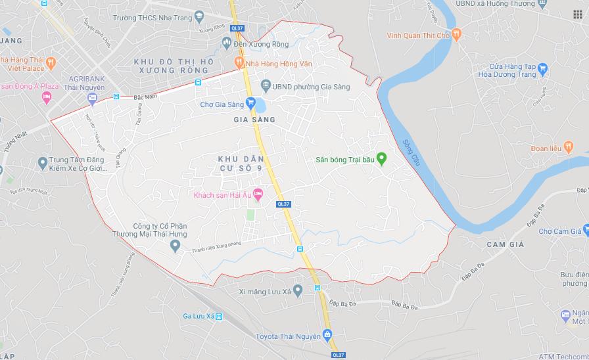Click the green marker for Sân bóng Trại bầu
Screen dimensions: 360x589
click(x=381, y=159)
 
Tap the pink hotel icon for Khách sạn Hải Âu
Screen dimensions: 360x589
click(x=258, y=194)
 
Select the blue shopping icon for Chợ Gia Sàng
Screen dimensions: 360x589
click(x=250, y=103)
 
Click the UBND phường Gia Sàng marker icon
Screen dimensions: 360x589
click(x=266, y=85)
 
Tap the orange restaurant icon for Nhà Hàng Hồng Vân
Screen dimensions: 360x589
click(x=239, y=63)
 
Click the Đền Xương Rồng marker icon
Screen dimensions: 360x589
click(x=227, y=43)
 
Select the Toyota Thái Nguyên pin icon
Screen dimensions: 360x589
click(x=327, y=336)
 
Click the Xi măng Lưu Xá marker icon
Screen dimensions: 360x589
click(x=298, y=290)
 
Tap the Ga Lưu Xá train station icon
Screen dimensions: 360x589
click(x=219, y=317)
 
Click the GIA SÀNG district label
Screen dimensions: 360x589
click(x=254, y=120)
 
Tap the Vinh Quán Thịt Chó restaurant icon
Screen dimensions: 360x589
click(x=457, y=34)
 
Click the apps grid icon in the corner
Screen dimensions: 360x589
click(x=577, y=14)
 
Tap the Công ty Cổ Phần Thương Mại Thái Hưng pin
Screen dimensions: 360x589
click(x=175, y=246)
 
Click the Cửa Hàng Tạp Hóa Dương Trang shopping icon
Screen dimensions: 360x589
click(x=542, y=67)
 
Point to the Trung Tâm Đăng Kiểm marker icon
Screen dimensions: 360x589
click(x=43, y=162)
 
